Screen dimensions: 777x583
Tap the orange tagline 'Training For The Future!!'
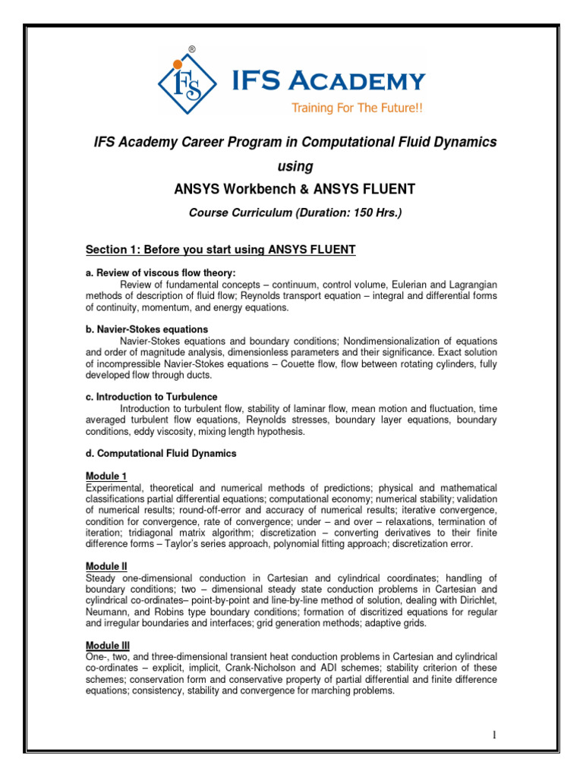[356, 109]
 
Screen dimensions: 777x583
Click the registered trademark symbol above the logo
[192, 49]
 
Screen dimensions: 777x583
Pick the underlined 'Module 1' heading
[106, 476]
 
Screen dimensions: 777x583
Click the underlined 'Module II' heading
[106, 566]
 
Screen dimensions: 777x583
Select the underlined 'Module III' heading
[108, 645]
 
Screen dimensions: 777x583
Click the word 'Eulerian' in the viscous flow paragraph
[404, 285]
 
